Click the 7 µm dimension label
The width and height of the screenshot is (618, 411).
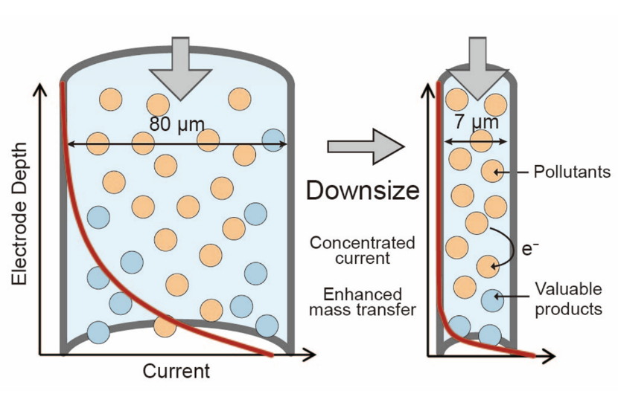click(477, 122)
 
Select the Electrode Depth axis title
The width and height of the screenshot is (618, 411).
click(20, 213)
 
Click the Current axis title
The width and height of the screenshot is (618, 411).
click(176, 370)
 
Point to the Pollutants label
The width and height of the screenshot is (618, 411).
click(572, 172)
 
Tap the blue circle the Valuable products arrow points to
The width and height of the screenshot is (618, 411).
click(492, 300)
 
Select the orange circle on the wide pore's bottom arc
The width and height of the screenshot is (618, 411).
click(165, 325)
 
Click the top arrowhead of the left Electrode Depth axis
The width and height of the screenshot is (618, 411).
click(42, 89)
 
